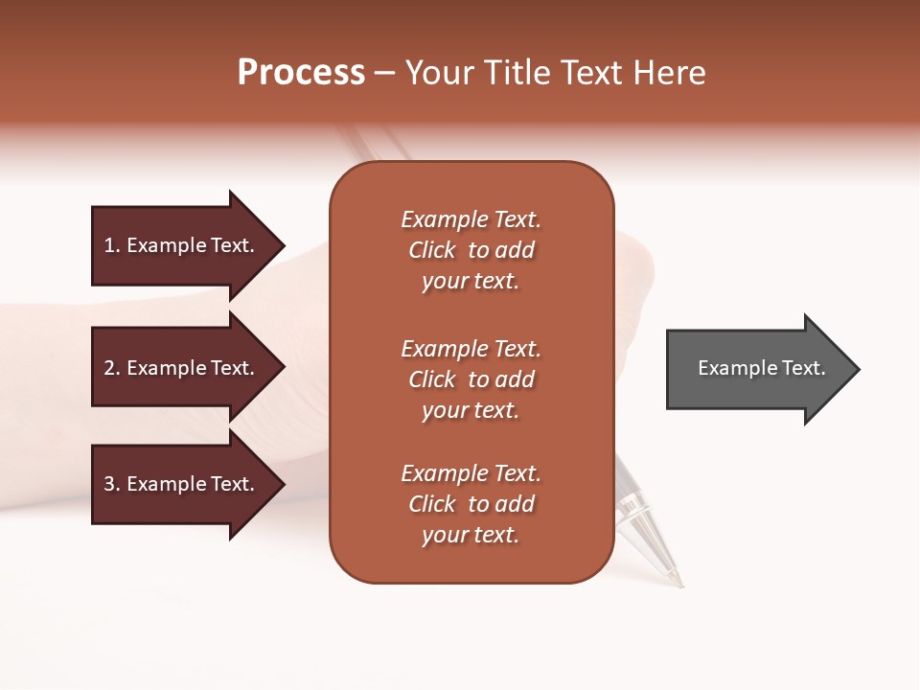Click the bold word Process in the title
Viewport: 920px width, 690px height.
301,73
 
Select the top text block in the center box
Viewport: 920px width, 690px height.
471,250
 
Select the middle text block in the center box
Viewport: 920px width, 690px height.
471,379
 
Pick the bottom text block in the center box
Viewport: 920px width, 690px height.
471,504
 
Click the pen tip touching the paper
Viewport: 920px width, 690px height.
680,583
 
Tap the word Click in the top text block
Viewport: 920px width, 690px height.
432,250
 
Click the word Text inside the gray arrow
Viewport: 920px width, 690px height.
803,368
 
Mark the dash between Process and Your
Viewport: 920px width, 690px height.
384,74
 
